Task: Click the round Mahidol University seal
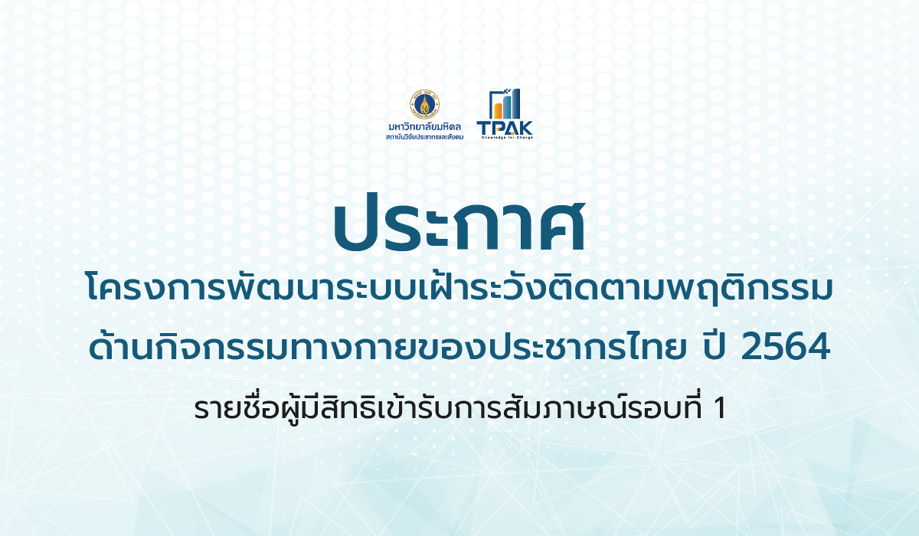tap(424, 104)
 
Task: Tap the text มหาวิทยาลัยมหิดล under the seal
tap(424, 127)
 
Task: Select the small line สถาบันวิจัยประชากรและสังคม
tap(424, 136)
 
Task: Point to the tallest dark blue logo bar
tap(515, 104)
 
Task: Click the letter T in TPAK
tap(483, 128)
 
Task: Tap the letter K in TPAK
tap(526, 128)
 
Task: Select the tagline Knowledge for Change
tap(507, 137)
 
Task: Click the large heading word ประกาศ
tap(459, 224)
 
